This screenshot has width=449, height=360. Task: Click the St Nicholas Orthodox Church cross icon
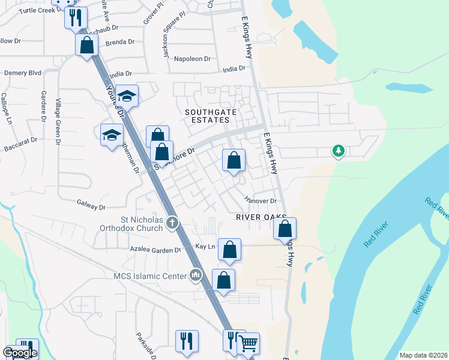[x=172, y=223]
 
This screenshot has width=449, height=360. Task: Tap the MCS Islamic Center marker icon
[x=195, y=275]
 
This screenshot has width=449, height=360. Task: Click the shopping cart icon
[x=248, y=344]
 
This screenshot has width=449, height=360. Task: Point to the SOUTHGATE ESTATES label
[x=206, y=116]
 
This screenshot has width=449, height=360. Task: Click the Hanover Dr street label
[x=261, y=200]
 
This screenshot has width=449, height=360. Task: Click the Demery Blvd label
[x=23, y=73]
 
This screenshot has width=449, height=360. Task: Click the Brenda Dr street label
[x=119, y=42]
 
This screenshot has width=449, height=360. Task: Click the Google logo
[x=20, y=352]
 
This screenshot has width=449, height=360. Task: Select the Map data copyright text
[x=423, y=355]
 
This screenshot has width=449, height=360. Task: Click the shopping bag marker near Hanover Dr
[x=234, y=160]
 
